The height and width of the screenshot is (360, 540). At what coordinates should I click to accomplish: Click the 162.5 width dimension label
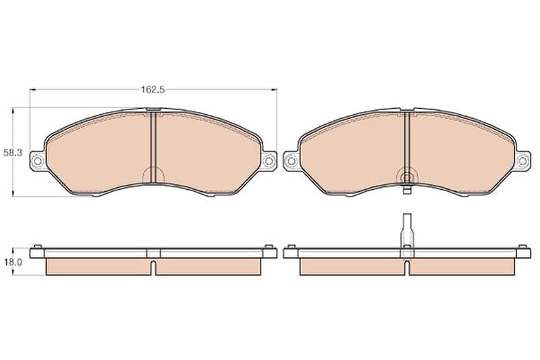click(x=153, y=90)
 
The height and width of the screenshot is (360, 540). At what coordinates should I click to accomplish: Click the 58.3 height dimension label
click(x=12, y=153)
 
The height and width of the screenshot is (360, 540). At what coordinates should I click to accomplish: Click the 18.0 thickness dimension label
click(x=13, y=262)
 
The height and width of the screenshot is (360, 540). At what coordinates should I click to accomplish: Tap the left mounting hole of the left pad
click(x=38, y=160)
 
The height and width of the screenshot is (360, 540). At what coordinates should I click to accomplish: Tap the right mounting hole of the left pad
click(x=269, y=161)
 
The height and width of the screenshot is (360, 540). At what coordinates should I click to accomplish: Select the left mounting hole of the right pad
click(x=291, y=161)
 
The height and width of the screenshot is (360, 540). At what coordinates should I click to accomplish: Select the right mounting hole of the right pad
click(x=522, y=161)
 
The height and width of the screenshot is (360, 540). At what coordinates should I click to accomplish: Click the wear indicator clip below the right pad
click(x=407, y=190)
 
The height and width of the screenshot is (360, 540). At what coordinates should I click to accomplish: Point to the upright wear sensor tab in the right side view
click(x=407, y=230)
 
